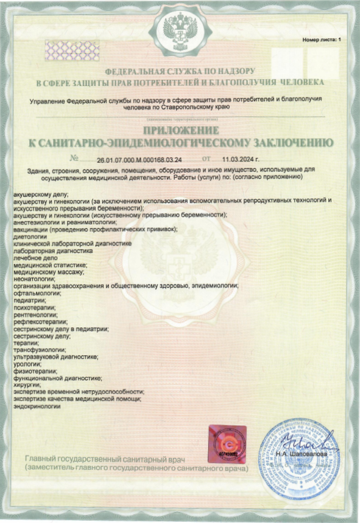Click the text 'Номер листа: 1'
(x=322, y=40)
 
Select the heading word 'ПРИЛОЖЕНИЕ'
(x=180, y=131)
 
